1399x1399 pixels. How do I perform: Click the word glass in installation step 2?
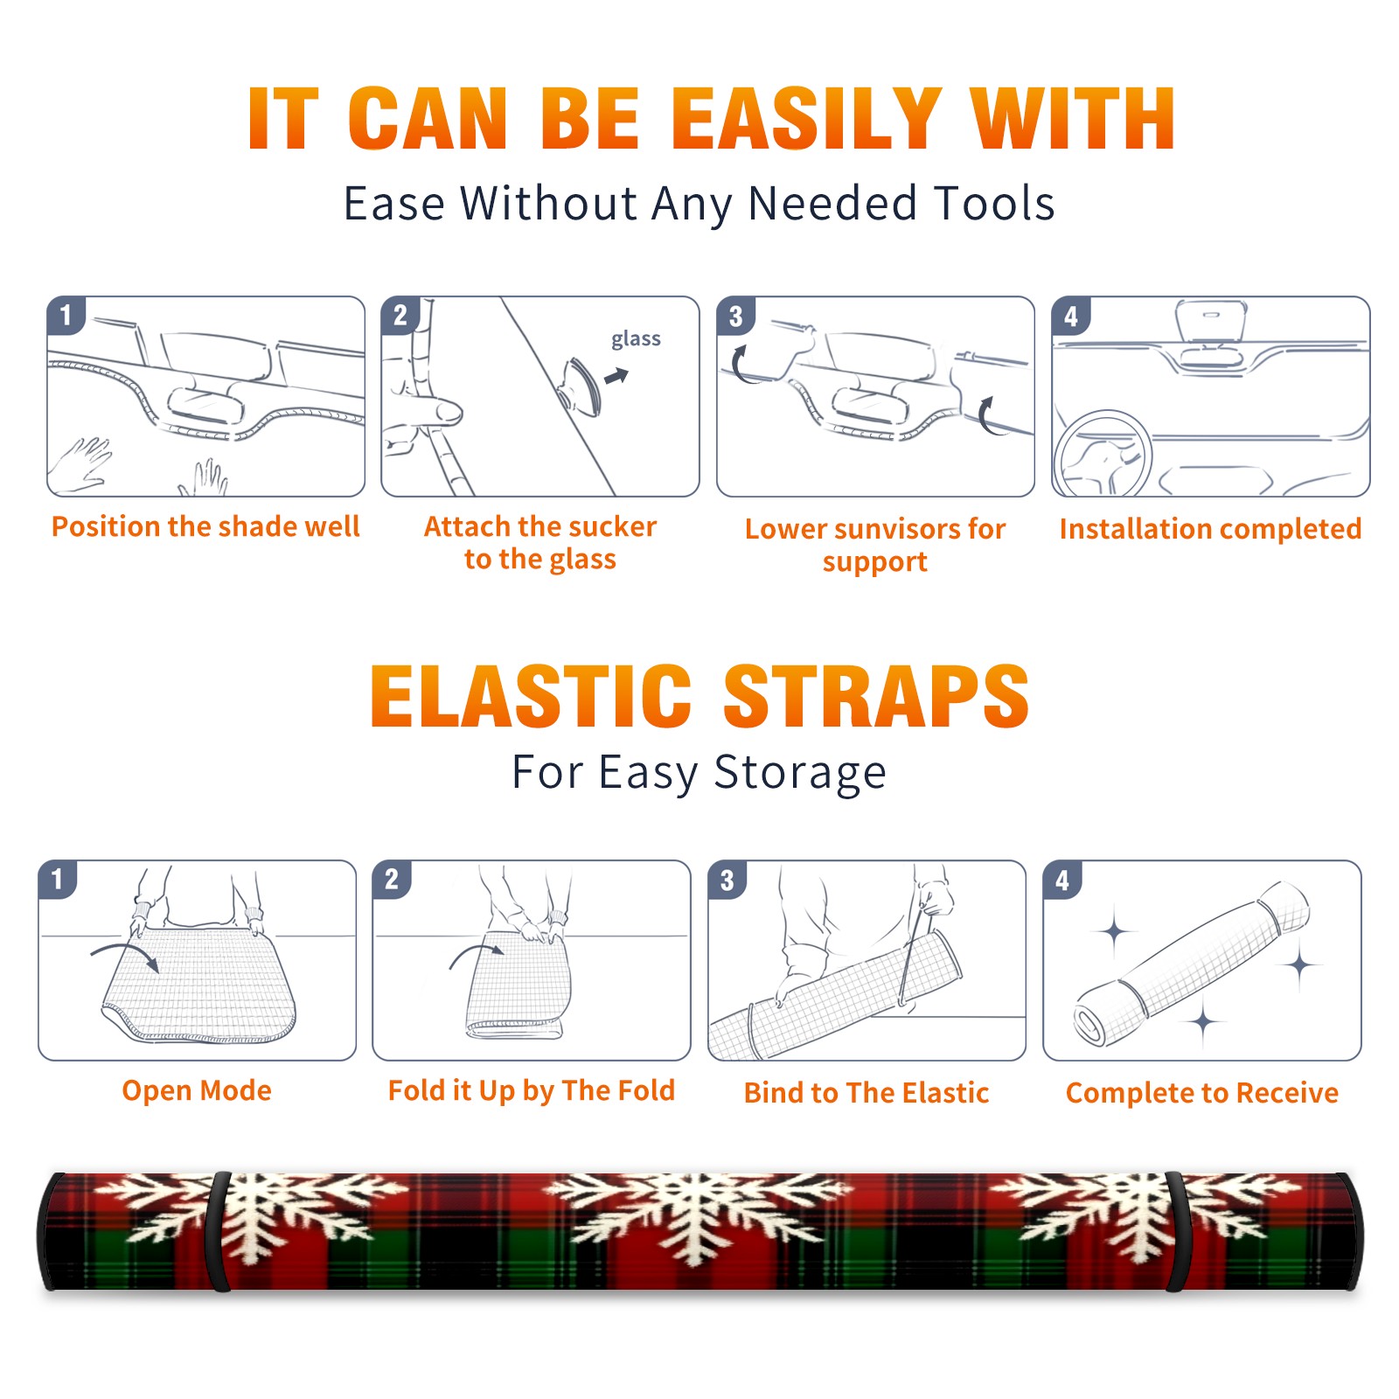click(x=636, y=339)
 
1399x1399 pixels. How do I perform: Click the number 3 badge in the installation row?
click(x=735, y=316)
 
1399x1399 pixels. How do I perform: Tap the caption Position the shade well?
click(x=205, y=526)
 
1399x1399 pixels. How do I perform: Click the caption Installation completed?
click(x=1210, y=528)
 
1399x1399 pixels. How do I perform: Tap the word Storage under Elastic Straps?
click(x=800, y=773)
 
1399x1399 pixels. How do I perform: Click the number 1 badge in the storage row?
click(x=58, y=879)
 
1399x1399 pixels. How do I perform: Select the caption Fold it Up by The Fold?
click(x=532, y=1090)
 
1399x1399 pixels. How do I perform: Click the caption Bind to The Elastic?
click(x=867, y=1092)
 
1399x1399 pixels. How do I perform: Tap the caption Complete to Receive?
click(x=1202, y=1092)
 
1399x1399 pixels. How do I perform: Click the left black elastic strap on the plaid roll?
click(x=219, y=1231)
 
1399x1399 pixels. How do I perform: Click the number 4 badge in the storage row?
click(x=1062, y=880)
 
